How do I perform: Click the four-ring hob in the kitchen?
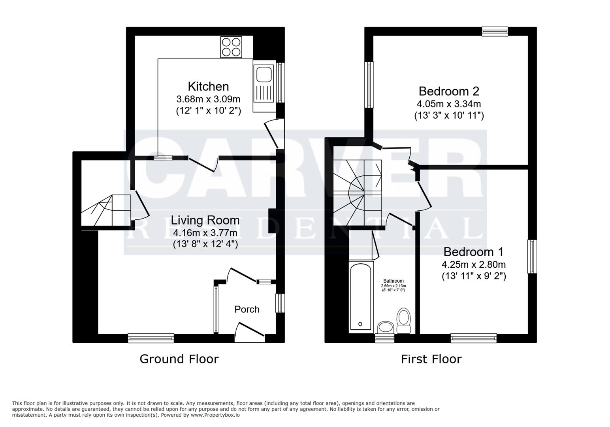tap(231, 47)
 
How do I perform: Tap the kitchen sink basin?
tap(264, 74)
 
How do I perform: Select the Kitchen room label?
tap(208, 86)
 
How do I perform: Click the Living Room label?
tap(205, 220)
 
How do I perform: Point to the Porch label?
tap(247, 309)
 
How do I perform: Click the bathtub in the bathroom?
tap(361, 297)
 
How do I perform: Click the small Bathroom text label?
tap(393, 281)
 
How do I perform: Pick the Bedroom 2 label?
tap(449, 91)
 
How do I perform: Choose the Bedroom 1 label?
tap(474, 252)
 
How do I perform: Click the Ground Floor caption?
tap(179, 359)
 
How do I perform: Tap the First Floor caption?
tap(431, 359)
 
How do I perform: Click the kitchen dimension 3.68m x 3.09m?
tap(208, 99)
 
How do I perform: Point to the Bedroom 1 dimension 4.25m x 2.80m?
tap(474, 265)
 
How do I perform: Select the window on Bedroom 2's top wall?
tap(495, 31)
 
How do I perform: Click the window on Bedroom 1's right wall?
tap(532, 256)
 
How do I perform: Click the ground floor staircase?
tap(105, 210)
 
